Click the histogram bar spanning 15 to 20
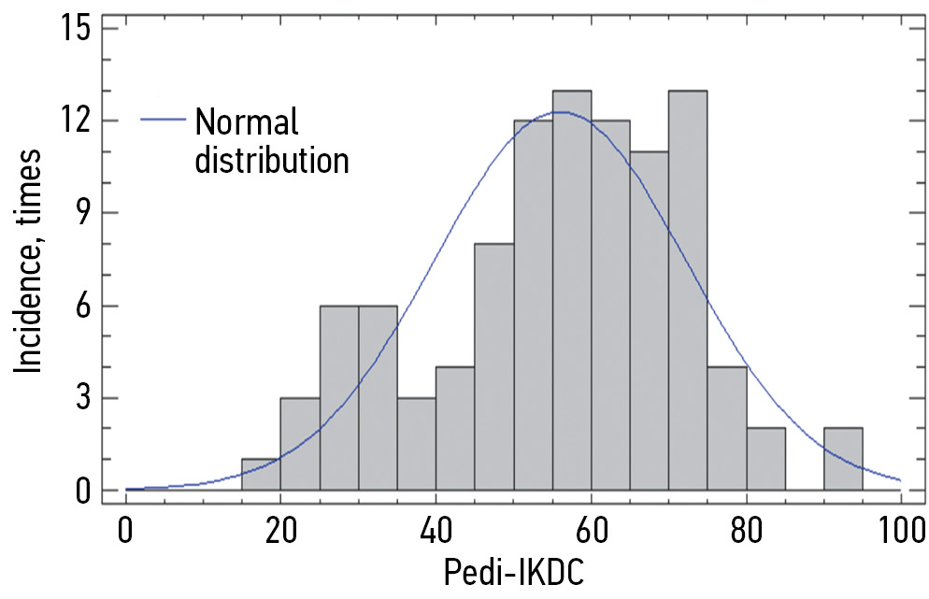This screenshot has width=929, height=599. [x=261, y=475]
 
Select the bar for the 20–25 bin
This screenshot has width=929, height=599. [x=300, y=444]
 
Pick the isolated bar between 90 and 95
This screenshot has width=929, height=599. [x=843, y=459]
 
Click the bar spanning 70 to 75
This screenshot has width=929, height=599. [x=688, y=290]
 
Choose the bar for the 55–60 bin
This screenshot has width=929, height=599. [x=571, y=290]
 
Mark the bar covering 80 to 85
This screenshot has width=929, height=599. [x=765, y=459]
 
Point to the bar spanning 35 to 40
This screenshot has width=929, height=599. [x=416, y=444]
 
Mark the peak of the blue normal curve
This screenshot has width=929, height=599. [x=558, y=112]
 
